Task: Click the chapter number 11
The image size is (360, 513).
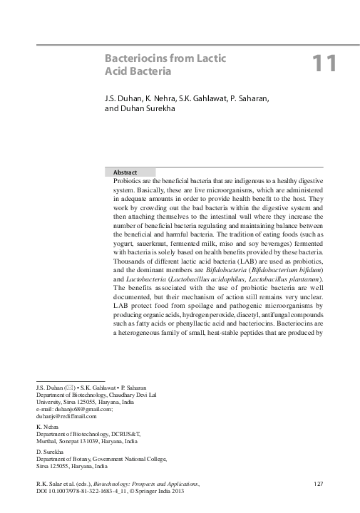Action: [x=324, y=63]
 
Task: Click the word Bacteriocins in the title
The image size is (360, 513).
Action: [x=136, y=58]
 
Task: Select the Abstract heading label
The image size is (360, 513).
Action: [x=125, y=172]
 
